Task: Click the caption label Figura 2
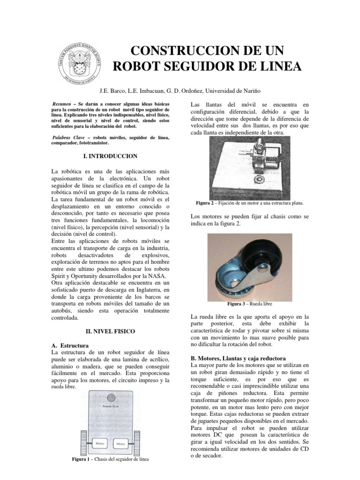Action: pyautogui.click(x=207, y=203)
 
